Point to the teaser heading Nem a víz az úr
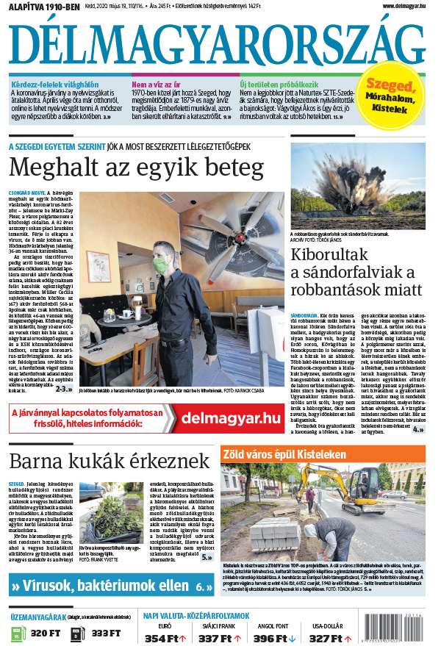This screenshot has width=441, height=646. (x=158, y=84)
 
